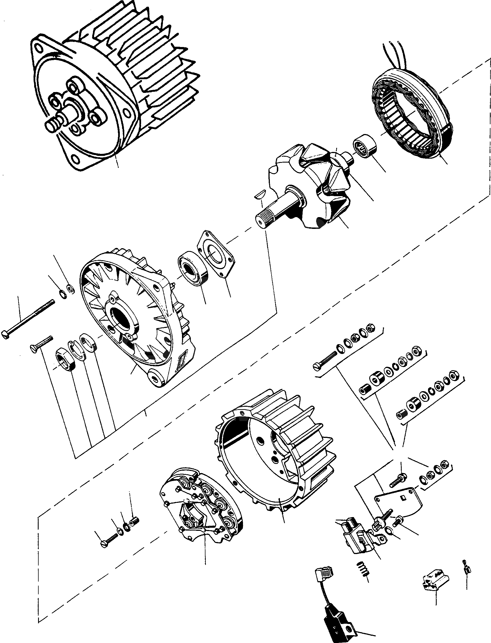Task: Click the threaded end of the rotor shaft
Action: (261, 219)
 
